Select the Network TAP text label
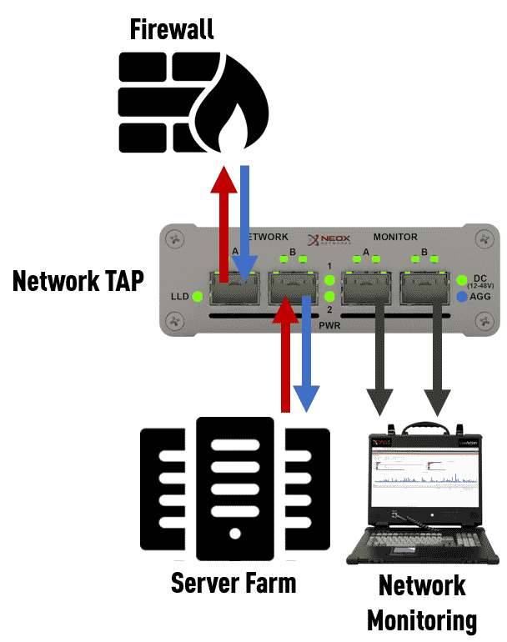click(78, 281)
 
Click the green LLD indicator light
click(197, 296)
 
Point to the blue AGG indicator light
click(462, 295)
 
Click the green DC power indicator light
click(462, 279)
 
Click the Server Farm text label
click(233, 583)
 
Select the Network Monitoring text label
click(422, 602)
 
